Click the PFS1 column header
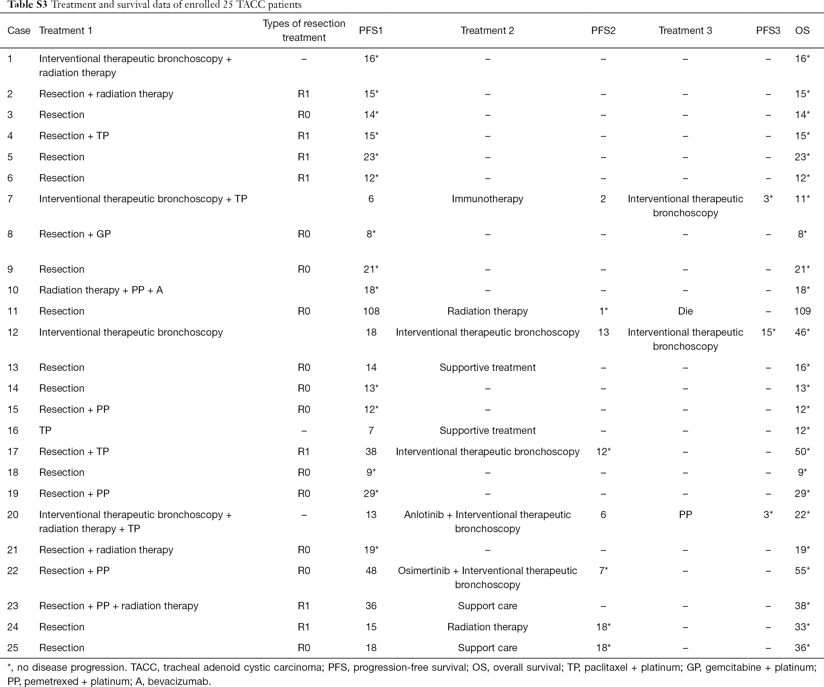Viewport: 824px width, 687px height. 371,31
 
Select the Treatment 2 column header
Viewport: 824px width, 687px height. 487,31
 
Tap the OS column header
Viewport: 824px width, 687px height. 802,31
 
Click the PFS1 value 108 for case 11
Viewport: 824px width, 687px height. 371,311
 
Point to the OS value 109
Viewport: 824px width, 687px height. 802,311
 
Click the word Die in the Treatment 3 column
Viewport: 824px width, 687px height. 685,311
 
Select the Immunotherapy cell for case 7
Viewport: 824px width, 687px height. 487,199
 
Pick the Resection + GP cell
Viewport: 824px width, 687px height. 75,234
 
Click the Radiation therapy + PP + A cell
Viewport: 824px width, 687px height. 101,290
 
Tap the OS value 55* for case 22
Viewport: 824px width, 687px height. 802,570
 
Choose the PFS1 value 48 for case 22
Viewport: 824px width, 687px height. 371,570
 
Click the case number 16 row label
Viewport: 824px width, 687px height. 13,430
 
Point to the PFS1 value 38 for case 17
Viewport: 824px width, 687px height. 371,452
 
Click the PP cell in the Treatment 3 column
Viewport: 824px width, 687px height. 685,514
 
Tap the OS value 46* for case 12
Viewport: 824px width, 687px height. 802,332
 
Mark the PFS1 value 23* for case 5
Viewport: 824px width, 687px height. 371,157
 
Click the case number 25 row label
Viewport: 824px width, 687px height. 13,648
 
